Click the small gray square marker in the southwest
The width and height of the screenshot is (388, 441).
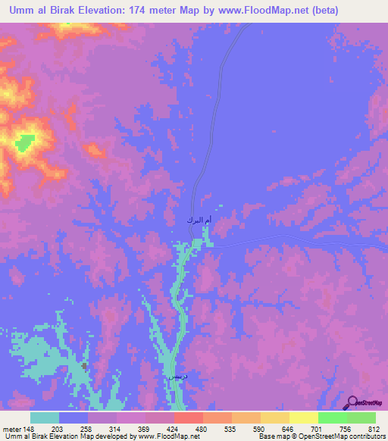[x=83, y=366]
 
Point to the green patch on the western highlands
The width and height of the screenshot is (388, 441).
[x=26, y=140]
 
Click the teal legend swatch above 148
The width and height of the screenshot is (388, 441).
[x=45, y=418]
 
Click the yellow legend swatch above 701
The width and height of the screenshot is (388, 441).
[x=303, y=418]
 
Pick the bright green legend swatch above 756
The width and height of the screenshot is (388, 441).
[x=332, y=418]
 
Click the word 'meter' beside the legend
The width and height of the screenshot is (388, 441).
[x=12, y=429]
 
